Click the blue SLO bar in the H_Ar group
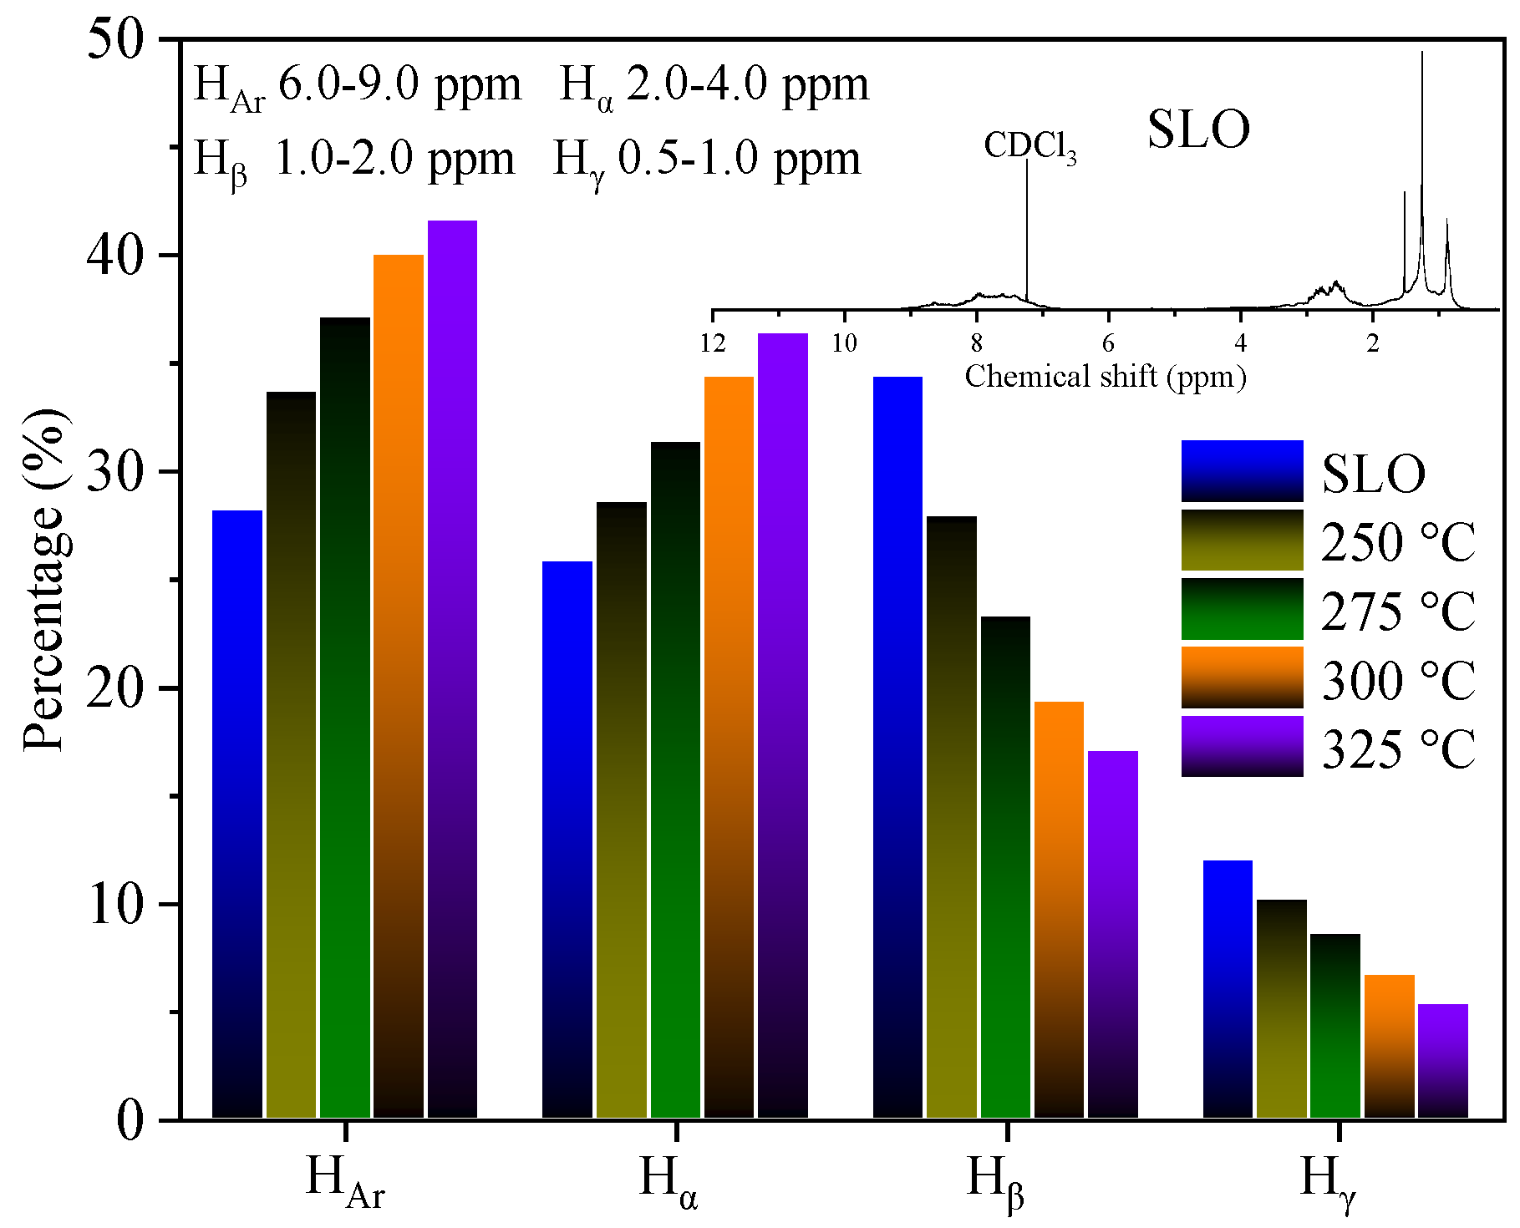[237, 814]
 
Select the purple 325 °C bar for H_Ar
[452, 668]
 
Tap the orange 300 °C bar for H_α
[729, 748]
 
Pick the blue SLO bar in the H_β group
[897, 748]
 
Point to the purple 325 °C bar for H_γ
[1443, 1061]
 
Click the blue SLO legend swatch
[1242, 471]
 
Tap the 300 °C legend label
[1397, 680]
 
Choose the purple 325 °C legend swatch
[1242, 746]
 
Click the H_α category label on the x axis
[668, 1180]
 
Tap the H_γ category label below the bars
[1329, 1180]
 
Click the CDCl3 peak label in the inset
[1029, 146]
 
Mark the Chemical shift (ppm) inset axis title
[1105, 377]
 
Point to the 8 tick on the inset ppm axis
[976, 343]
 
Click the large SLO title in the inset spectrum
[1198, 129]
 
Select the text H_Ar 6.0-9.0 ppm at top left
[357, 86]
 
